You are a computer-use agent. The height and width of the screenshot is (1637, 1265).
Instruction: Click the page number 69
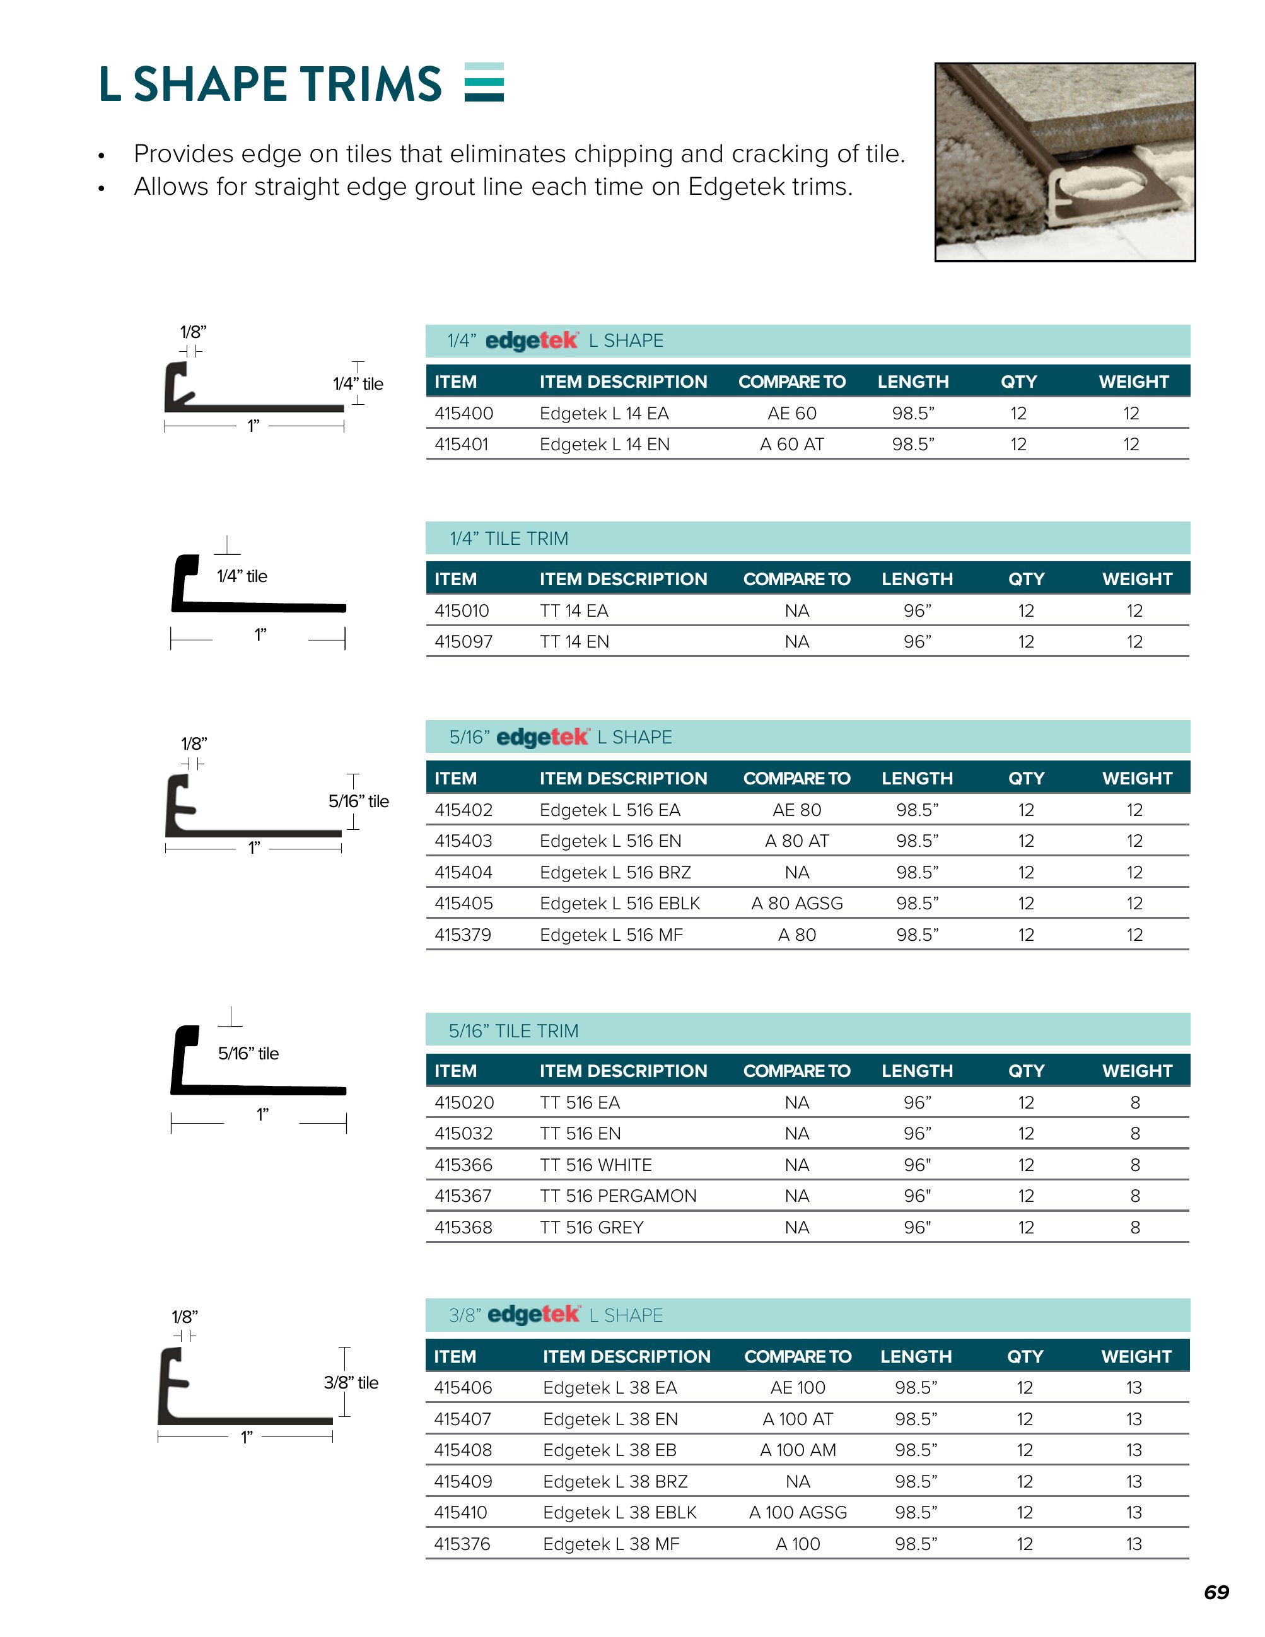point(1216,1592)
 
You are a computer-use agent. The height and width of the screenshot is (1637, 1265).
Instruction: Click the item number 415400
point(464,413)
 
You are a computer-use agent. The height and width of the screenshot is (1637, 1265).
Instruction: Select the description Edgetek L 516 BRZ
point(615,873)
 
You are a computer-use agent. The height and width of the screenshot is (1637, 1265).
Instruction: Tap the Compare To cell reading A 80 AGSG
point(796,903)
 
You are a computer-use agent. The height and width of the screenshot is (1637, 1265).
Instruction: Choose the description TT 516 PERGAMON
point(618,1196)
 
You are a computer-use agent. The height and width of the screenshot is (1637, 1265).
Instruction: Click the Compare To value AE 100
point(797,1387)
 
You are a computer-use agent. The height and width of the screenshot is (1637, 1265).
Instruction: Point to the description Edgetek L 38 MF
point(611,1544)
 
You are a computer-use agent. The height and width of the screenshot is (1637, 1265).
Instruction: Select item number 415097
point(464,641)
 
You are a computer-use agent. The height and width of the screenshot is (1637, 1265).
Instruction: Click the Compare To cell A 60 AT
point(791,445)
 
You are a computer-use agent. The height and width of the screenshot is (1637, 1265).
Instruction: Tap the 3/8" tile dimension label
point(351,1382)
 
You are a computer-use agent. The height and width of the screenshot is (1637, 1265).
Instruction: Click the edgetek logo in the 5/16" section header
point(542,738)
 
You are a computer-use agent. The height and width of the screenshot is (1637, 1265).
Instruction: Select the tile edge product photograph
point(1064,162)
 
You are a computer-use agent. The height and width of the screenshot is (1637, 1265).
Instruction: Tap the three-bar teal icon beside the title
point(484,82)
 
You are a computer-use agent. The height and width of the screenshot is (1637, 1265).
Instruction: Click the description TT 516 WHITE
point(596,1165)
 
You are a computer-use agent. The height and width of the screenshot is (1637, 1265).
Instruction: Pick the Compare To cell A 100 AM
point(797,1450)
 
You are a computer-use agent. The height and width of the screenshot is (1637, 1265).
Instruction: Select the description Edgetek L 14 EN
point(605,445)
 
